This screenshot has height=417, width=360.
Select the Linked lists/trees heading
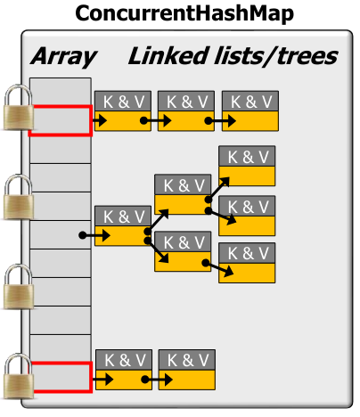(233, 57)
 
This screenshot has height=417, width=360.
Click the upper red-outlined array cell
(60, 120)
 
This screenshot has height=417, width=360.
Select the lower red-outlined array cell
(60, 377)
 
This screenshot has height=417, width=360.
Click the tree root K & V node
(123, 225)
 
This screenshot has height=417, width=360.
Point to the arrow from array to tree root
(94, 236)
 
